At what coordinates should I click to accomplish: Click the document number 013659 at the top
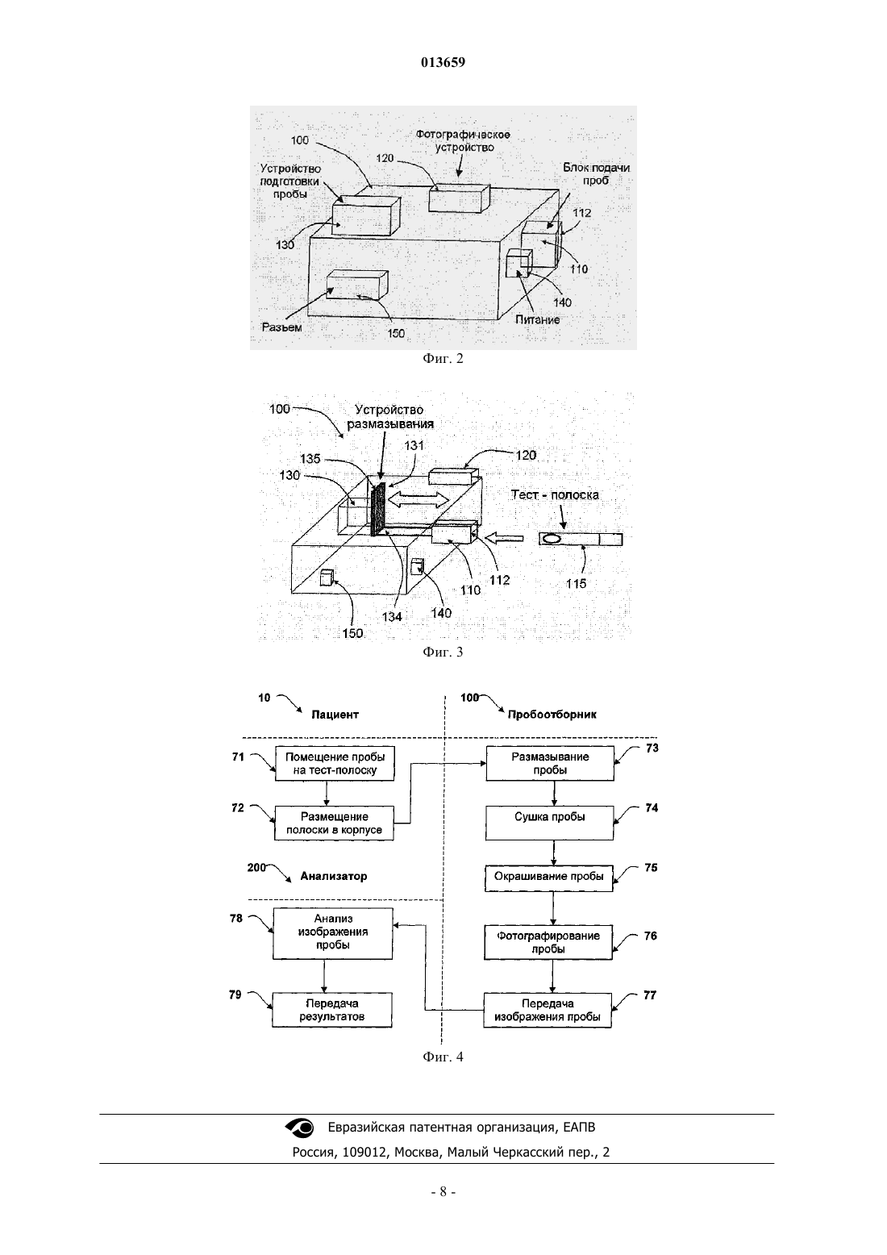pyautogui.click(x=443, y=62)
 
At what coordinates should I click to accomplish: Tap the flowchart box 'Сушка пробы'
pyautogui.click(x=549, y=823)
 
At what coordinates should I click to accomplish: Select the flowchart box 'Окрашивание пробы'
pyautogui.click(x=549, y=878)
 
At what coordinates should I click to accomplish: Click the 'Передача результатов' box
pyautogui.click(x=332, y=1010)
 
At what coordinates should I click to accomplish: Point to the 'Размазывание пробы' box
pyautogui.click(x=550, y=763)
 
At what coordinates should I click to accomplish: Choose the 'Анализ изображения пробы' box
pyautogui.click(x=332, y=933)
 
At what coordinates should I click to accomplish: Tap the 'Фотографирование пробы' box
pyautogui.click(x=548, y=942)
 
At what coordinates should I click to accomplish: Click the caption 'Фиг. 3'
pyautogui.click(x=443, y=652)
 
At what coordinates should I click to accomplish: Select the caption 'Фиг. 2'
pyautogui.click(x=443, y=359)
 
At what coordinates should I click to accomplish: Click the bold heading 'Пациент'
pyautogui.click(x=335, y=715)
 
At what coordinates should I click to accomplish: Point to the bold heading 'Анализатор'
pyautogui.click(x=334, y=876)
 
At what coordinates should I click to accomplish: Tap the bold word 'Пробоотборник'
pyautogui.click(x=552, y=715)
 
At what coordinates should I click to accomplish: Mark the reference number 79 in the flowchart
pyautogui.click(x=235, y=994)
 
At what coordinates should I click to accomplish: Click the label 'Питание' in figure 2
pyautogui.click(x=538, y=320)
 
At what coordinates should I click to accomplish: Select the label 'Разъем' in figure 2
pyautogui.click(x=281, y=327)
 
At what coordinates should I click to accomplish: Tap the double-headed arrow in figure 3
pyautogui.click(x=419, y=500)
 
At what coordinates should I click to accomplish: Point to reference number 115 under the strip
pyautogui.click(x=576, y=584)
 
